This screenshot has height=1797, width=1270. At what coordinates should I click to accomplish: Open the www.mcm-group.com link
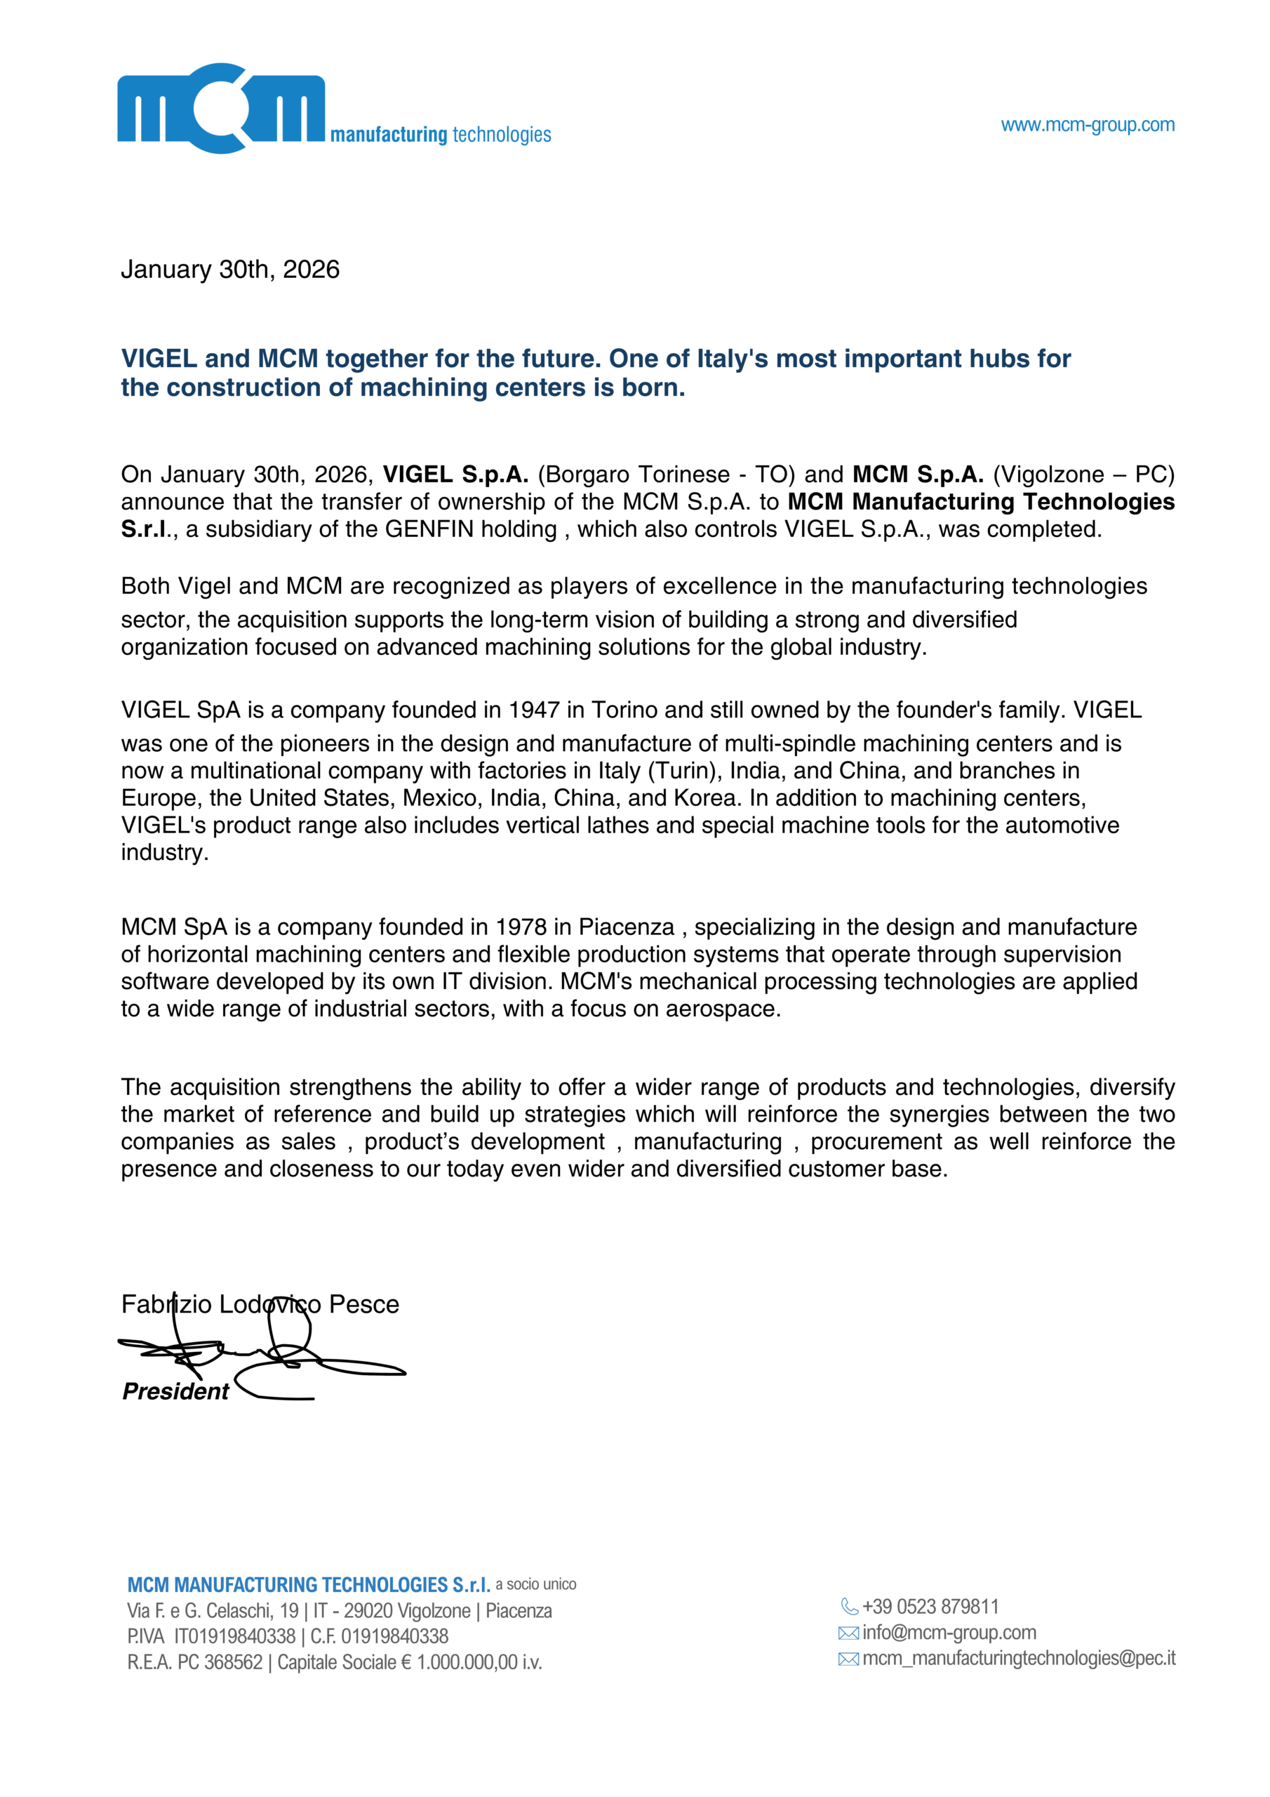pos(1087,124)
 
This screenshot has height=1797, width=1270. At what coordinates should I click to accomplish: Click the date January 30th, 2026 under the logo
pos(230,270)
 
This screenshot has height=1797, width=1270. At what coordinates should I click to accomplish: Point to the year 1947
pos(534,710)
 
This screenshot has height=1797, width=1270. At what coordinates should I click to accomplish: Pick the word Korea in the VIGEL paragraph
pos(707,797)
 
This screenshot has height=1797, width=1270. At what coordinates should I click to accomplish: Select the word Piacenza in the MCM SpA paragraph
pos(626,927)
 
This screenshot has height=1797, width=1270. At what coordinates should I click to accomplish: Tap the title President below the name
pos(175,1391)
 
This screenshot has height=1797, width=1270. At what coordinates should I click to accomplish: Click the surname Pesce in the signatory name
pos(364,1304)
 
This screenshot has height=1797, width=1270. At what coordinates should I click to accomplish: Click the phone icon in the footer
pos(849,1607)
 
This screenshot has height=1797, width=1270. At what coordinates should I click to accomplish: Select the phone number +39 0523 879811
pos(930,1607)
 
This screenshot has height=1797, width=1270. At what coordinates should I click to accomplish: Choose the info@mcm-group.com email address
pos(949,1633)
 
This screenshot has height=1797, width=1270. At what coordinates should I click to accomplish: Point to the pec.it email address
pos(1019,1659)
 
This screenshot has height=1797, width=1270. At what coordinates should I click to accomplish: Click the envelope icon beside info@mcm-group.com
pos(848,1633)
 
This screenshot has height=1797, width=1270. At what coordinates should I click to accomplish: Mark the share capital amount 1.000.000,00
pos(467,1662)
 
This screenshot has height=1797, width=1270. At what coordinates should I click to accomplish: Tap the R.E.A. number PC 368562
pos(220,1662)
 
